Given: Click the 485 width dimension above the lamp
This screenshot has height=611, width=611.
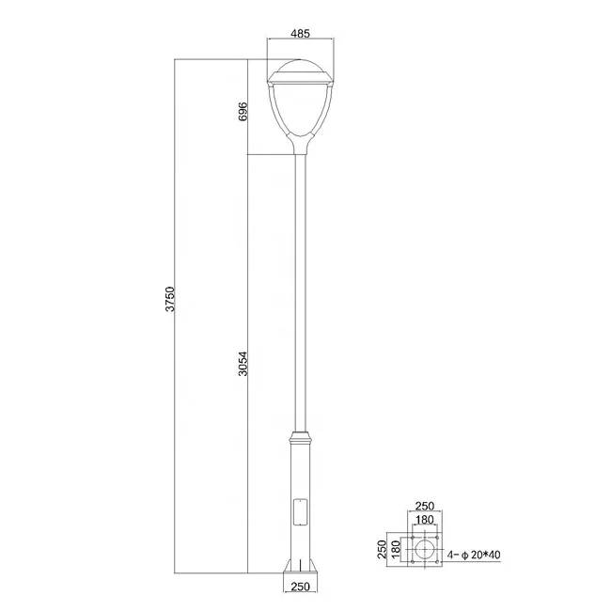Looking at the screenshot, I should [x=301, y=34].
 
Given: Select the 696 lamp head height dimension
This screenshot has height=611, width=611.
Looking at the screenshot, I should [x=243, y=111].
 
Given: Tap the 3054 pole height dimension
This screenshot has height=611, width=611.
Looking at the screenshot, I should [x=243, y=363].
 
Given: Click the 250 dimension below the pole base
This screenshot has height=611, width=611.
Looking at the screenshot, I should [x=301, y=588].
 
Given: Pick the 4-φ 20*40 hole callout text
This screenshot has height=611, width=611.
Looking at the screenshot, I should [x=476, y=556].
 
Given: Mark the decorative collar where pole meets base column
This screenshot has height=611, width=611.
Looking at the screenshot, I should [x=301, y=437].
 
